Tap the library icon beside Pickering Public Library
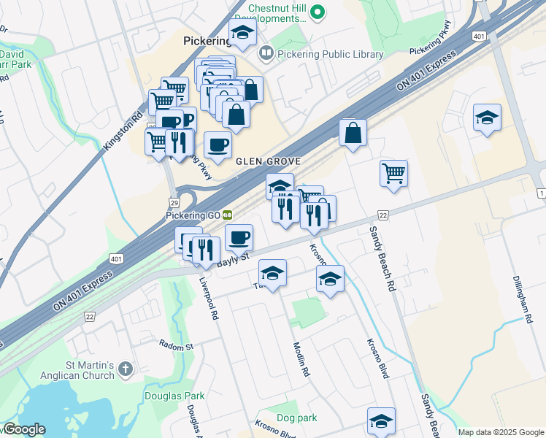click(x=266, y=53)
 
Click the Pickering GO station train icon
click(x=228, y=215)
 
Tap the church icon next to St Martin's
click(x=126, y=369)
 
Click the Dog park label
click(x=297, y=418)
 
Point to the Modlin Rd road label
click(x=301, y=359)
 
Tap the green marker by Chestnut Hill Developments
click(x=318, y=12)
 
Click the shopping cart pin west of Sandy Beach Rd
click(x=393, y=174)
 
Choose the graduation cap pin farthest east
click(x=487, y=118)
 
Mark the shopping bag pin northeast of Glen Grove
click(x=353, y=133)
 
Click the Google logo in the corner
click(x=23, y=429)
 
